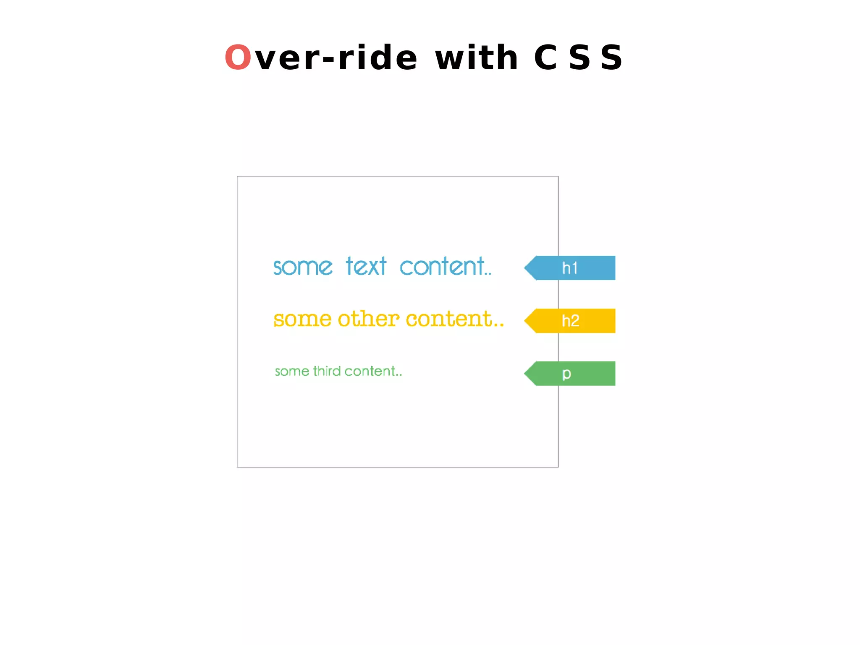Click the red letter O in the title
(238, 58)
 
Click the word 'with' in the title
(476, 58)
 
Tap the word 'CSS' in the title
(578, 58)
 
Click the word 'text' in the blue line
(366, 267)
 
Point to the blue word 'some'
(302, 267)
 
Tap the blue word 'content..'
(445, 267)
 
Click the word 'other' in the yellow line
(368, 319)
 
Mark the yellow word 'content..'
(455, 319)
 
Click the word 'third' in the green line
(327, 371)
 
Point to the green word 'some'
(292, 372)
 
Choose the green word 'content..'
(373, 371)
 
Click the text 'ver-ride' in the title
(336, 58)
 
